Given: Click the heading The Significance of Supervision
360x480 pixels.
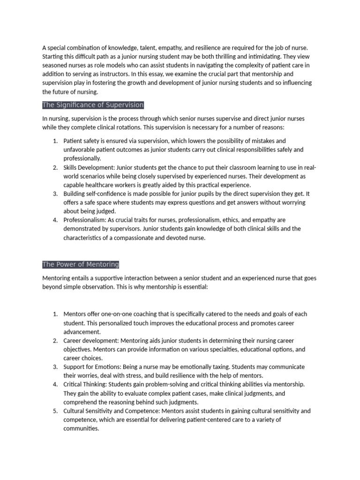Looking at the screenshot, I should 93,105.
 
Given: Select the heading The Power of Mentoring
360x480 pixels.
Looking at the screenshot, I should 81,264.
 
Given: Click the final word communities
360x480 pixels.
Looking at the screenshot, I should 81,429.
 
